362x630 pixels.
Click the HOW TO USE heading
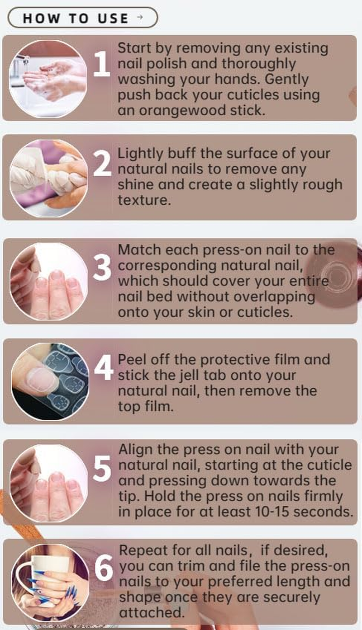click(x=76, y=18)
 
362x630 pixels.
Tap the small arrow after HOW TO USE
click(x=139, y=18)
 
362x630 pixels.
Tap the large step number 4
click(x=103, y=368)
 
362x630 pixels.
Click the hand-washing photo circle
click(x=48, y=79)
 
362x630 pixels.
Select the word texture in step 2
click(x=144, y=200)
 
